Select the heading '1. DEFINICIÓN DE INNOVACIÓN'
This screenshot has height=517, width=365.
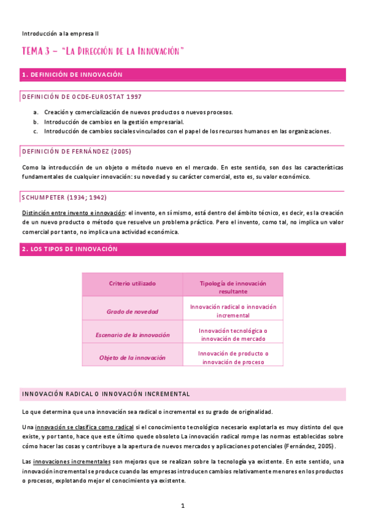(x=72, y=74)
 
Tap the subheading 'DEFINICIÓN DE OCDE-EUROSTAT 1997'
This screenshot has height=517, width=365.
(x=82, y=97)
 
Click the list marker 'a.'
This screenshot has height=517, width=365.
(x=37, y=112)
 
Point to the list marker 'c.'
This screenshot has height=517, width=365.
(x=37, y=130)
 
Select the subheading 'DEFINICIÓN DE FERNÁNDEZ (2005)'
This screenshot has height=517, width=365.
(x=76, y=151)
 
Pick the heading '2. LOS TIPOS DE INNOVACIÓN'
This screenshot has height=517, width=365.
(x=69, y=249)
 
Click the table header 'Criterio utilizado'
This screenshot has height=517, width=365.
(x=132, y=283)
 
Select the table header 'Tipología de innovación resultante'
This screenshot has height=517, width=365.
(x=233, y=287)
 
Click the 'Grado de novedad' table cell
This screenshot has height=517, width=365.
(x=132, y=311)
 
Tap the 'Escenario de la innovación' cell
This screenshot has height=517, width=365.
(x=132, y=335)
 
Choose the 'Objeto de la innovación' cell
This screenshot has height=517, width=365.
(x=132, y=357)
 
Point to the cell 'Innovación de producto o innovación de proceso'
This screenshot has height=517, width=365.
(x=233, y=357)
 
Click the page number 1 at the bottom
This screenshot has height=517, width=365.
(x=182, y=505)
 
